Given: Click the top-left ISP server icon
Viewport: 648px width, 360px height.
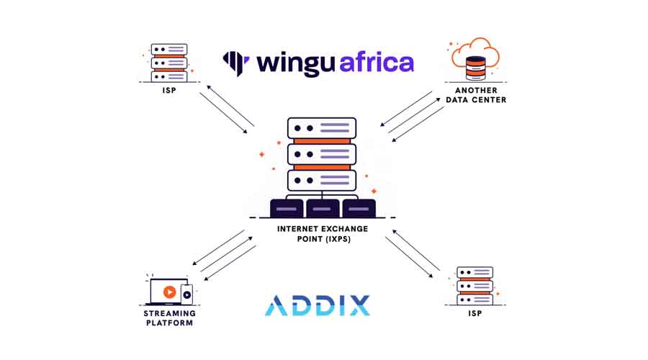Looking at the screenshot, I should (x=169, y=63).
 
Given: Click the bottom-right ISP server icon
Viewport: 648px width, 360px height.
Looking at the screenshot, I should (x=474, y=286).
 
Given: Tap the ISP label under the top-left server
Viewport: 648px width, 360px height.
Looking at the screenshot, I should (x=169, y=91).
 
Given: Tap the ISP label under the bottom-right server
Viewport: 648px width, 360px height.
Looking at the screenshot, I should (x=474, y=315).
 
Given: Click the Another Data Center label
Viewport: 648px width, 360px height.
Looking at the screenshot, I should (x=476, y=95).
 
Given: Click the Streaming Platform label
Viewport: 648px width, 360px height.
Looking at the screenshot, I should (x=169, y=318).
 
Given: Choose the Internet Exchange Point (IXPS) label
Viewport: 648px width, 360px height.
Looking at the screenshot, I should (x=323, y=233).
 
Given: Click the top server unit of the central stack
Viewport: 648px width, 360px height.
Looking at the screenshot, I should (x=322, y=127).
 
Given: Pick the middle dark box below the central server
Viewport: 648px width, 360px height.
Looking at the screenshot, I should (x=323, y=208).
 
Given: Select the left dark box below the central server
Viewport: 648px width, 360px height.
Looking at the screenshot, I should (x=287, y=208).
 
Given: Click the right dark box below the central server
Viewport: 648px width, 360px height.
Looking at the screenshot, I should (x=359, y=208).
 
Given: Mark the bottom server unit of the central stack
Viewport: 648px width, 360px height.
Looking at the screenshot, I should (x=322, y=179).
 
